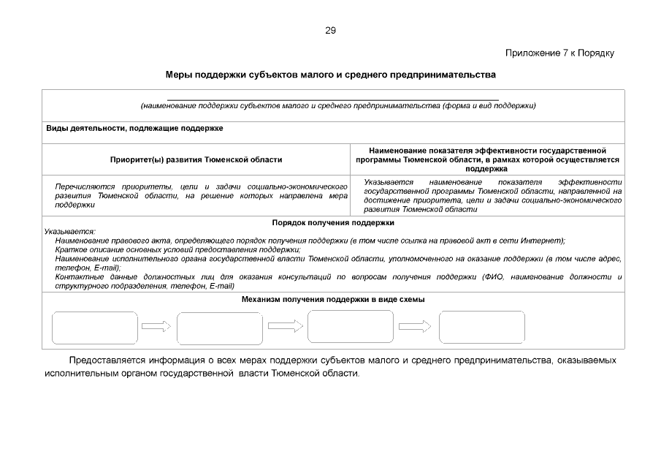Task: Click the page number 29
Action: pos(330,31)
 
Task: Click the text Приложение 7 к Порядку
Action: pos(559,53)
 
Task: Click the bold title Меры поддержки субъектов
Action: pos(330,75)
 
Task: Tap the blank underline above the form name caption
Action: pos(332,98)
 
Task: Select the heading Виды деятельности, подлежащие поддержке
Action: pos(135,128)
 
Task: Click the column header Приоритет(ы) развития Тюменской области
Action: pos(196,159)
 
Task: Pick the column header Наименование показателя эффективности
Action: pos(487,159)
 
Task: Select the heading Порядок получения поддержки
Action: pos(333,222)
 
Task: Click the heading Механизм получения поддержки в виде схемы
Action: pos(333,300)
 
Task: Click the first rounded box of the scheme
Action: pos(94,328)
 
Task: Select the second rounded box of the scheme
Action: pos(220,328)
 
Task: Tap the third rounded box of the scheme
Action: pos(351,327)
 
